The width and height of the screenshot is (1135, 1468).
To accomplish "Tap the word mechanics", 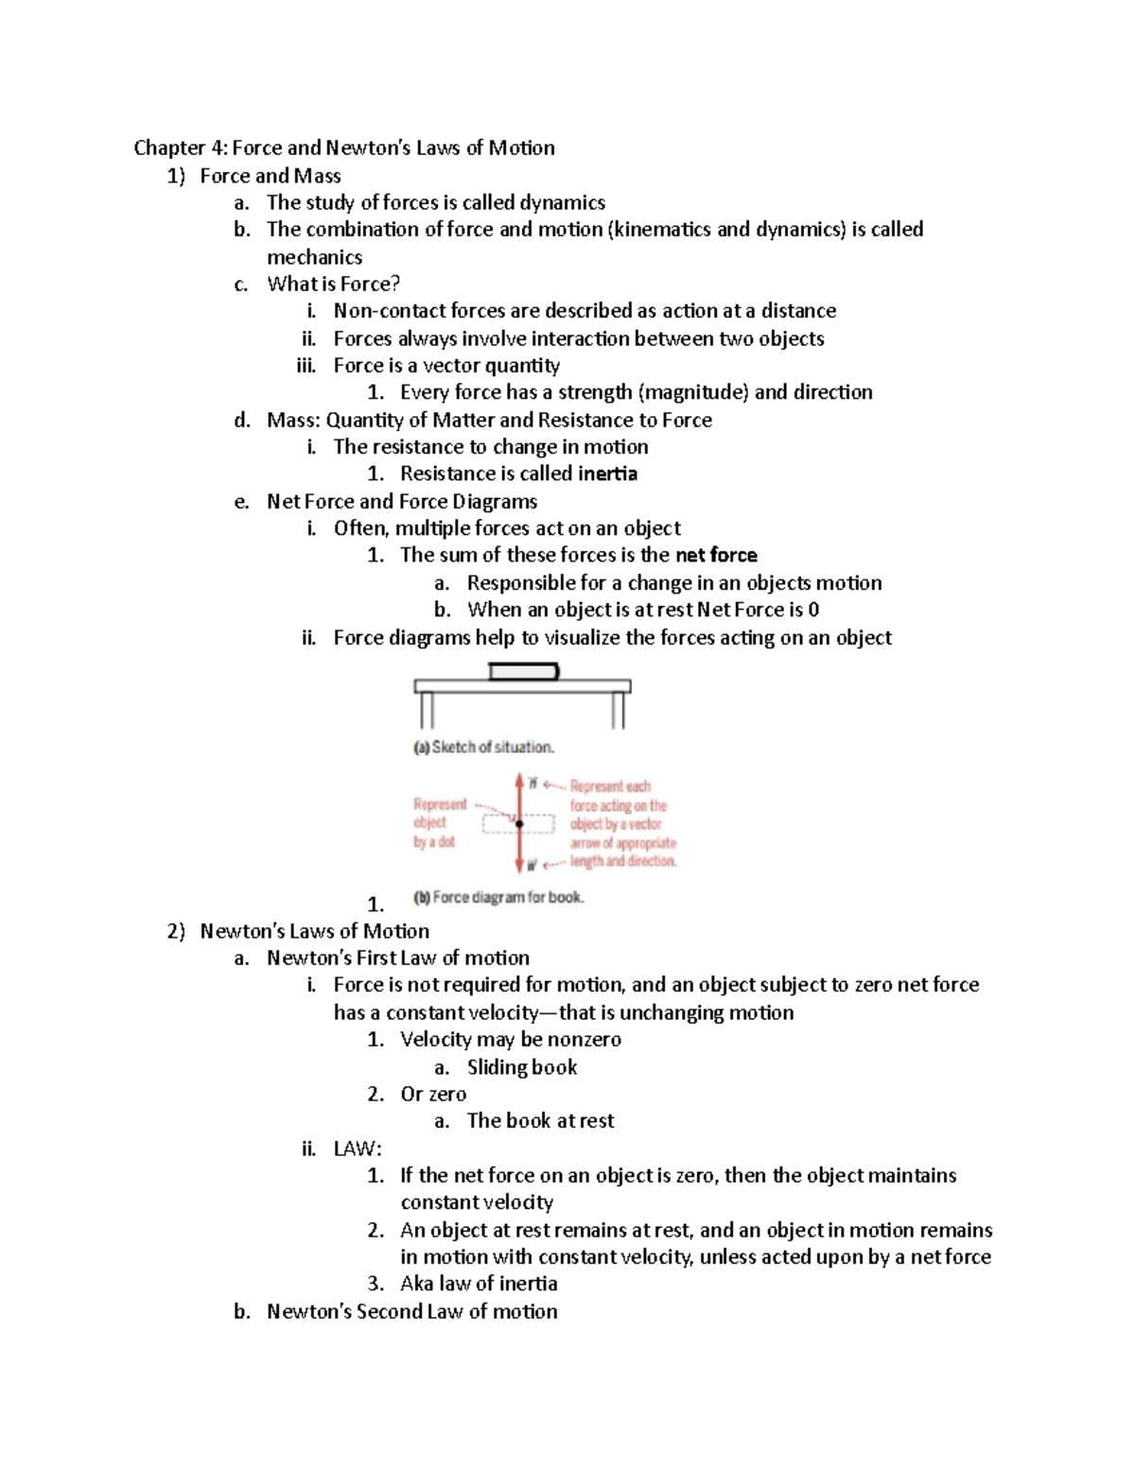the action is tap(314, 257).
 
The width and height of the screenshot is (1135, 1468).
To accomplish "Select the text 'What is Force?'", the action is tap(333, 284).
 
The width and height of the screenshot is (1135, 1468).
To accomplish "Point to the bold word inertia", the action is tap(607, 474).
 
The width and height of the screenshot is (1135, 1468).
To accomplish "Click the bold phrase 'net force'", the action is tap(716, 555).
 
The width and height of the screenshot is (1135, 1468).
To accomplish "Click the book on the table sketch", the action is tap(523, 671).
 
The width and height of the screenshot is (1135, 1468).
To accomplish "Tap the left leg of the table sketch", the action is tap(426, 710).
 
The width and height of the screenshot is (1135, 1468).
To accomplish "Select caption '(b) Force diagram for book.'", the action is tap(498, 897).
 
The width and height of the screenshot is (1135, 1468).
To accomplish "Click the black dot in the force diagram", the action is tap(519, 823).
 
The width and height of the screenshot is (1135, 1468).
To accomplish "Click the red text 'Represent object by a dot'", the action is tap(439, 822).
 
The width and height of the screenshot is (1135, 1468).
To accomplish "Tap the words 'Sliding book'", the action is tap(521, 1067).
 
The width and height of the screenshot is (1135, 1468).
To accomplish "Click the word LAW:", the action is tap(358, 1149).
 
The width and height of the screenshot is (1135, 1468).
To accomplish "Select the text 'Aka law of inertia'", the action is tap(478, 1284).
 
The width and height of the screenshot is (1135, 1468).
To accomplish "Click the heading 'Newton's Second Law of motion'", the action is tap(411, 1311).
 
